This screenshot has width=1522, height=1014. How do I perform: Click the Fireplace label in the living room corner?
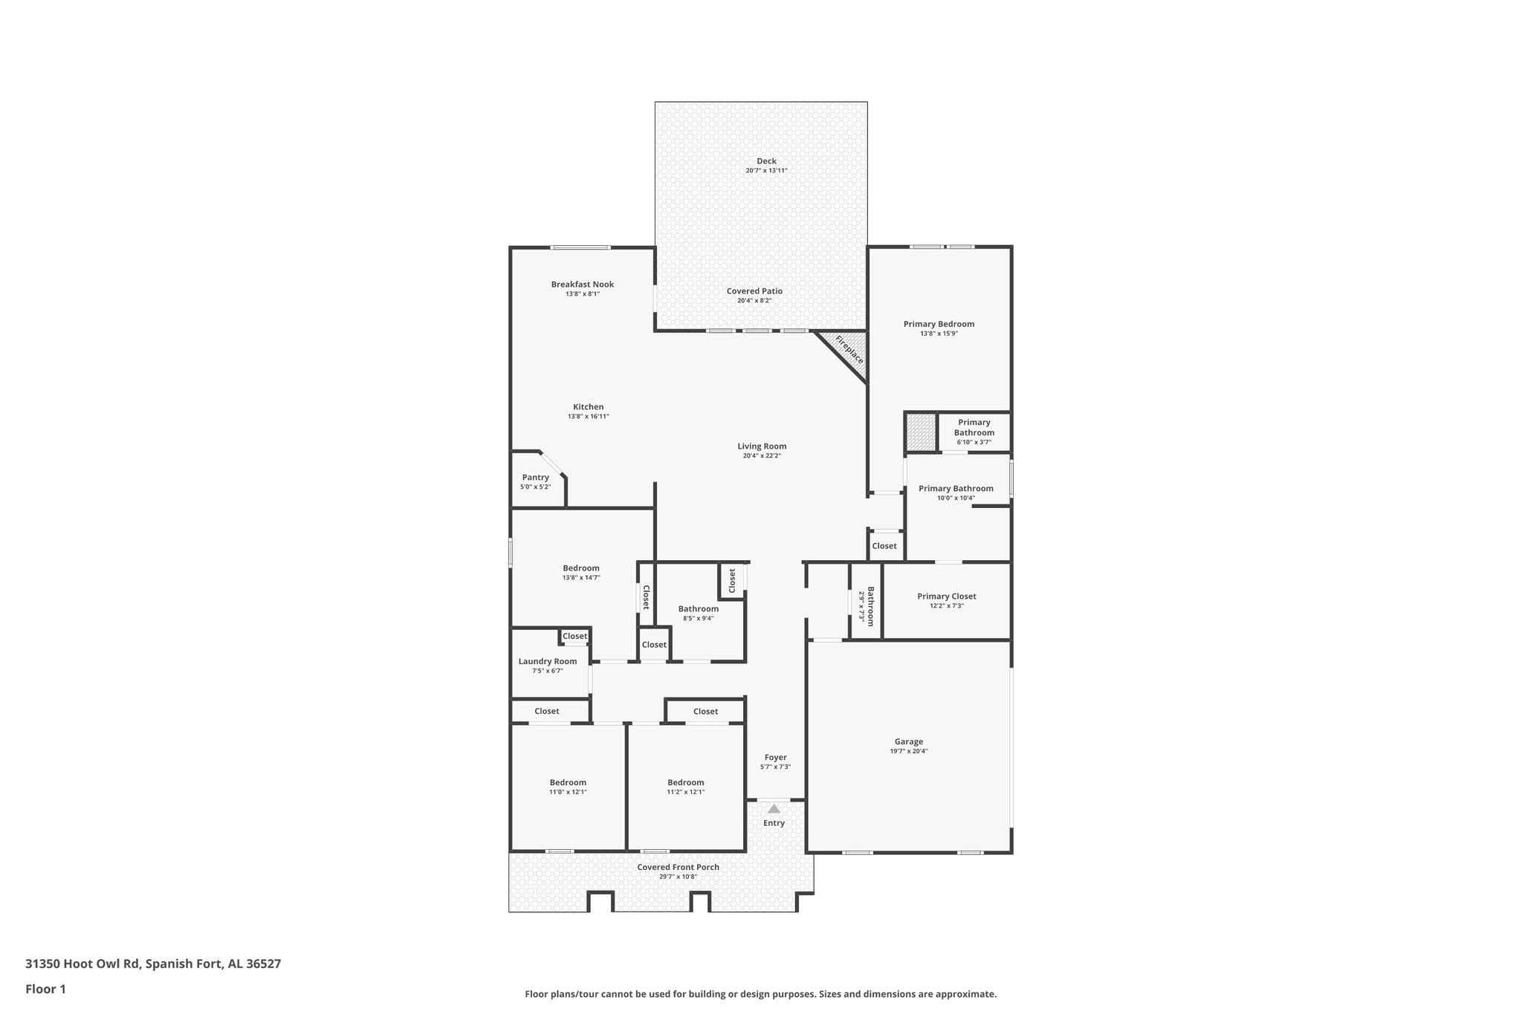coord(849,349)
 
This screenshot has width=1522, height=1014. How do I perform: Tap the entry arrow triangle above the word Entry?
coord(774,808)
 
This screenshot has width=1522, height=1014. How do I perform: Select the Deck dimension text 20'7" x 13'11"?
coord(766,171)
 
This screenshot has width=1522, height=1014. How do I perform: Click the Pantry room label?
coord(535,478)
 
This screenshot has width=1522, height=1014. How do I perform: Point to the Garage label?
coord(908,741)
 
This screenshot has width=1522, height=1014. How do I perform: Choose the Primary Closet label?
coord(946,596)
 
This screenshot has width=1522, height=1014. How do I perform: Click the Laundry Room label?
coord(547,661)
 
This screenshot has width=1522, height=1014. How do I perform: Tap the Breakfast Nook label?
coord(582,285)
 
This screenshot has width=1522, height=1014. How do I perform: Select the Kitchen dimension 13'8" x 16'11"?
coord(588,417)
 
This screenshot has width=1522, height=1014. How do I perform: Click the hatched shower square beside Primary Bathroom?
coord(921,432)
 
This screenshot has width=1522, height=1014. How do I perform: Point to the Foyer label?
coord(775,758)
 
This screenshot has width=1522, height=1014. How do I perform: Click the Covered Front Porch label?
coord(678,867)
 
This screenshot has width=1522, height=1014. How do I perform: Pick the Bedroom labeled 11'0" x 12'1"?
coord(568,782)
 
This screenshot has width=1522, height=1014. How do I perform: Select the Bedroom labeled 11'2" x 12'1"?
coord(685,782)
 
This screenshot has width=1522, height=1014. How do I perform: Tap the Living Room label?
coord(762,446)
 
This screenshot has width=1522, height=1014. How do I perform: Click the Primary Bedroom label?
coord(939,324)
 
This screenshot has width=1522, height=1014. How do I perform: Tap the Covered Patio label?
coord(754,291)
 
